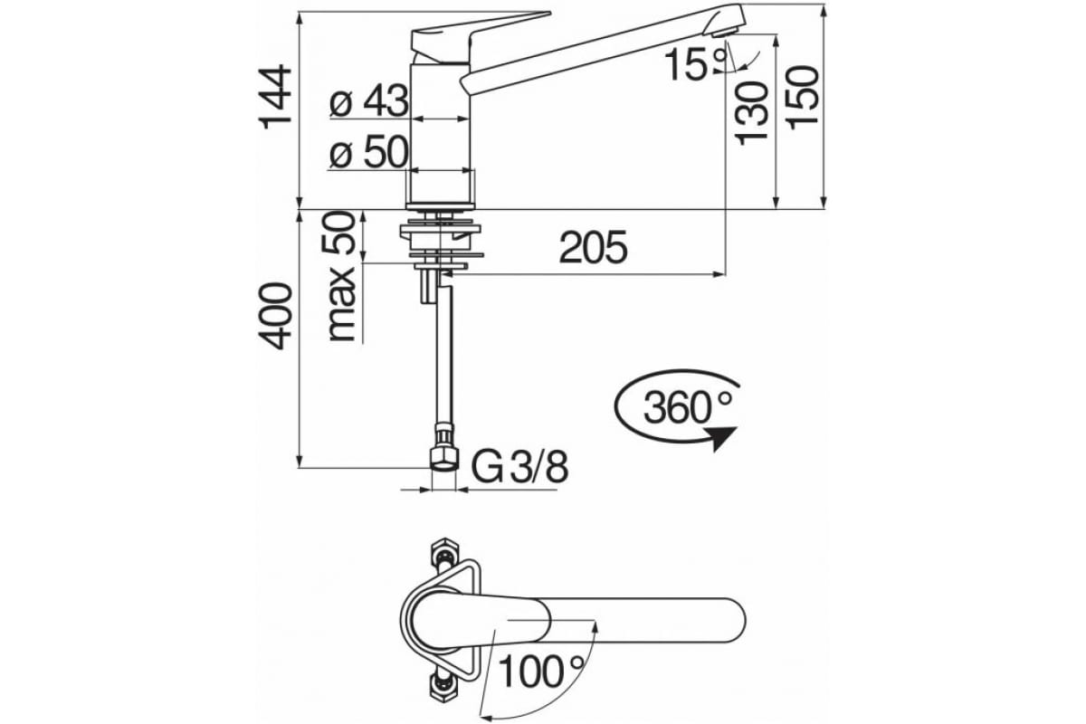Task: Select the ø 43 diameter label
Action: tap(368, 104)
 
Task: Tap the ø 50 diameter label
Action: tap(368, 155)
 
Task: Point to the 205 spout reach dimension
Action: tap(593, 248)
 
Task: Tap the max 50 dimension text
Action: tap(341, 277)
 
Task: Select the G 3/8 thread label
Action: tap(521, 468)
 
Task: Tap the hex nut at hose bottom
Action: tap(443, 455)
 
